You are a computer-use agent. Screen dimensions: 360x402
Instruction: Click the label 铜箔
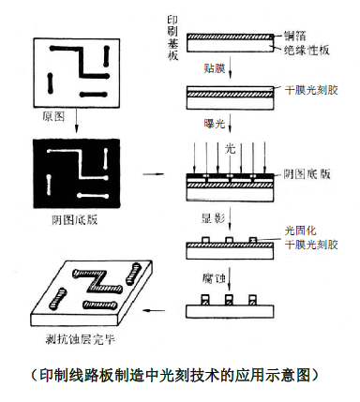[294, 36]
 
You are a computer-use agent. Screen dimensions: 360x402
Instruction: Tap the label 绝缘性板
[307, 50]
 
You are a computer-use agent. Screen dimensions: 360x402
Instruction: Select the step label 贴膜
[215, 67]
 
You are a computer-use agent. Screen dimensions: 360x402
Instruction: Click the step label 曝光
[215, 124]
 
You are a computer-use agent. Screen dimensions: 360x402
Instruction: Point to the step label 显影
[213, 217]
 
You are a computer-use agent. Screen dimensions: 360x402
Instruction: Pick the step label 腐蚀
[214, 277]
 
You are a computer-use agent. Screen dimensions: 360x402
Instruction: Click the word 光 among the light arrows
[230, 149]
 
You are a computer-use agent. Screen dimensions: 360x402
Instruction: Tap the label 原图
[53, 116]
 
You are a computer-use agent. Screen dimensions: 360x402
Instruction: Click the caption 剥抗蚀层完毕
[81, 339]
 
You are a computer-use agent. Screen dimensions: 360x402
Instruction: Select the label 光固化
[300, 231]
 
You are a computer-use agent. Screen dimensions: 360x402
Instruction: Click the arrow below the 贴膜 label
[230, 67]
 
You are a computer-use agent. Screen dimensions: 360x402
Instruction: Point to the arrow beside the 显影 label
[230, 218]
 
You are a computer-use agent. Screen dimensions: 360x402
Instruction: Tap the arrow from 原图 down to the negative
[77, 120]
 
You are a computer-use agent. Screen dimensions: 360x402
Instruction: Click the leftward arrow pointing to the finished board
[154, 310]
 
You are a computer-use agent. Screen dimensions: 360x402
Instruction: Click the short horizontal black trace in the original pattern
[94, 95]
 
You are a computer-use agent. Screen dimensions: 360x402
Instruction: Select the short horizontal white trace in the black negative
[93, 196]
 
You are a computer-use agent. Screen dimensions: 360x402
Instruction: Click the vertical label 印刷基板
[172, 37]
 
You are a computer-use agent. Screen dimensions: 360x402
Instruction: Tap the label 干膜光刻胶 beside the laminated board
[311, 90]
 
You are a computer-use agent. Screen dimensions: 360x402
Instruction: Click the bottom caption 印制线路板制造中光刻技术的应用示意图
[174, 375]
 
